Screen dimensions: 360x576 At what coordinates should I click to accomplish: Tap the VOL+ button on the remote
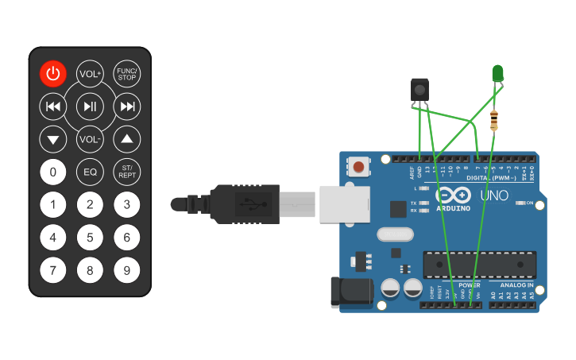90,74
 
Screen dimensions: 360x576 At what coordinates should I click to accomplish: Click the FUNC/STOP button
127,74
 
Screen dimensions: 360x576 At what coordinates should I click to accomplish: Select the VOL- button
90,140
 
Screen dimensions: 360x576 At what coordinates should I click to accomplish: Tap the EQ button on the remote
90,172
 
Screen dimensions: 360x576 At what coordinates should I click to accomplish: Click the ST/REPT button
127,172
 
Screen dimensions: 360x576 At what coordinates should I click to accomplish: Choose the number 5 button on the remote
90,237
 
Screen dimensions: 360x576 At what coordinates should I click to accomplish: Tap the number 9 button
127,270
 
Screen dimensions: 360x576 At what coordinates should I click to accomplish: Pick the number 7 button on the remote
53,270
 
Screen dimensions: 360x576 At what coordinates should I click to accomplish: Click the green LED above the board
498,74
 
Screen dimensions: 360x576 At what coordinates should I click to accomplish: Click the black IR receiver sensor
419,90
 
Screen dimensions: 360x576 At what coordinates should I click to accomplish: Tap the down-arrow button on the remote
53,140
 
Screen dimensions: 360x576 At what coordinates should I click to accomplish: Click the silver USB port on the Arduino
345,203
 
